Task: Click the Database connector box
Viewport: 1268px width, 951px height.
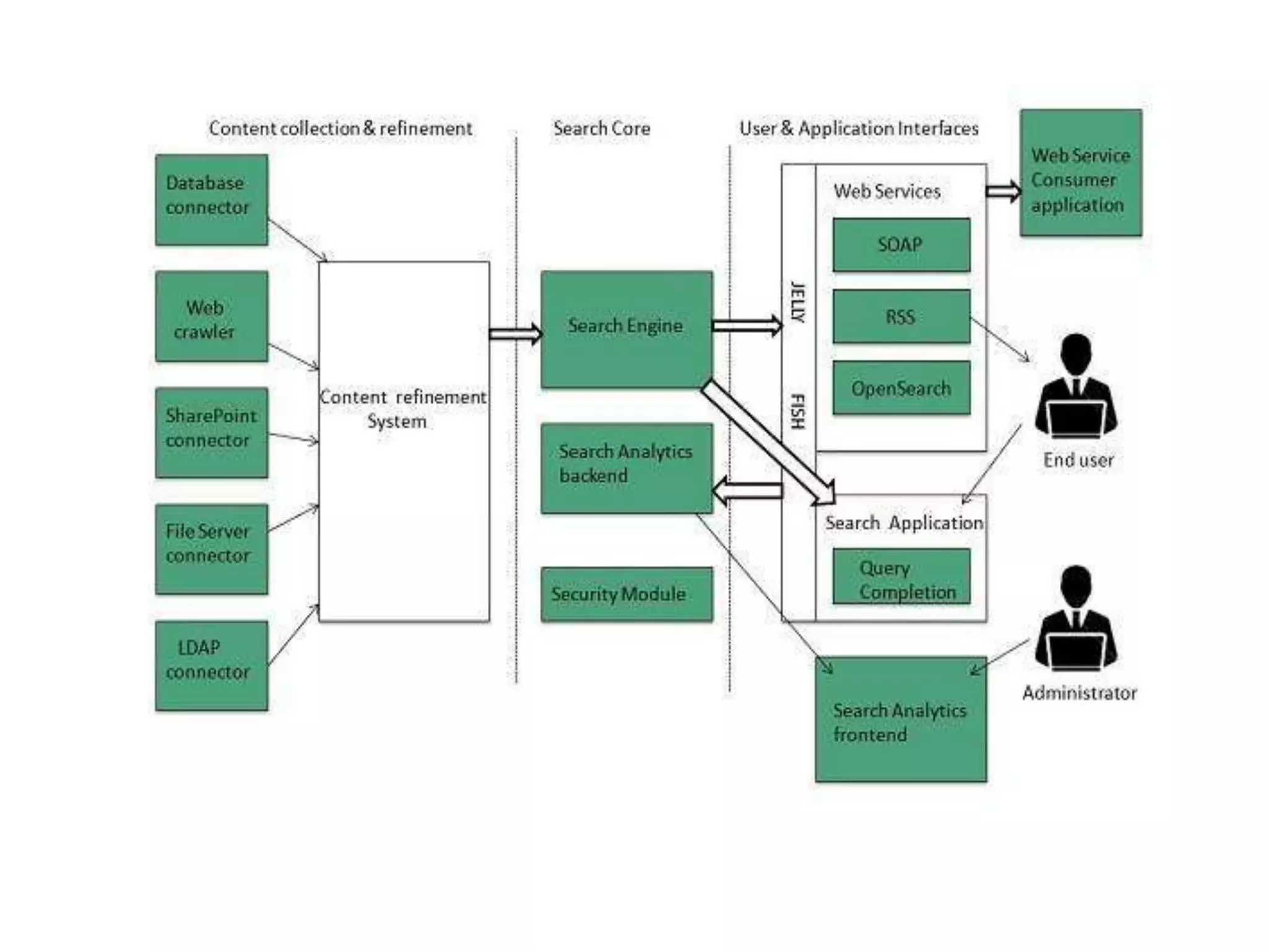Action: click(x=211, y=199)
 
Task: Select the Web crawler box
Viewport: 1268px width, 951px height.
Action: click(x=211, y=316)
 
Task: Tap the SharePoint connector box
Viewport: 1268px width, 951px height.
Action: click(x=211, y=432)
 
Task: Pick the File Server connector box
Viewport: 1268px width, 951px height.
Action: click(x=211, y=549)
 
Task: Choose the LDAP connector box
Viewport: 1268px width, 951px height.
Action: click(x=211, y=665)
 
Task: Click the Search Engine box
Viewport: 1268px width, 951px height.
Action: click(x=626, y=329)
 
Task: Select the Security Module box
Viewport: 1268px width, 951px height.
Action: click(x=626, y=594)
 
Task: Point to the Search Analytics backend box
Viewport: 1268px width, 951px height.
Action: click(x=626, y=468)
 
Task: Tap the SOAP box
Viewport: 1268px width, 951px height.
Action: click(x=901, y=245)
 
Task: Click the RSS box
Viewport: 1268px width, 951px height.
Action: click(x=901, y=316)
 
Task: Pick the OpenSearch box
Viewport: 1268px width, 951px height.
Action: click(x=901, y=388)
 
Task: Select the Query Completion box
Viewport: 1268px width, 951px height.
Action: click(x=901, y=576)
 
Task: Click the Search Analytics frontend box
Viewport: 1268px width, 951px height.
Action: click(x=901, y=719)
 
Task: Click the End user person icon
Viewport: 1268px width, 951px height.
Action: click(x=1076, y=387)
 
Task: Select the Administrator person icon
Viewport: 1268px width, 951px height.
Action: click(x=1076, y=619)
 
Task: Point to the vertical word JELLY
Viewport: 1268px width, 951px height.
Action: click(x=798, y=302)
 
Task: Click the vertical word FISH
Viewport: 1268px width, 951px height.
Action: click(x=798, y=411)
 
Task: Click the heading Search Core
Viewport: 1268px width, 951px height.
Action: click(x=601, y=128)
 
